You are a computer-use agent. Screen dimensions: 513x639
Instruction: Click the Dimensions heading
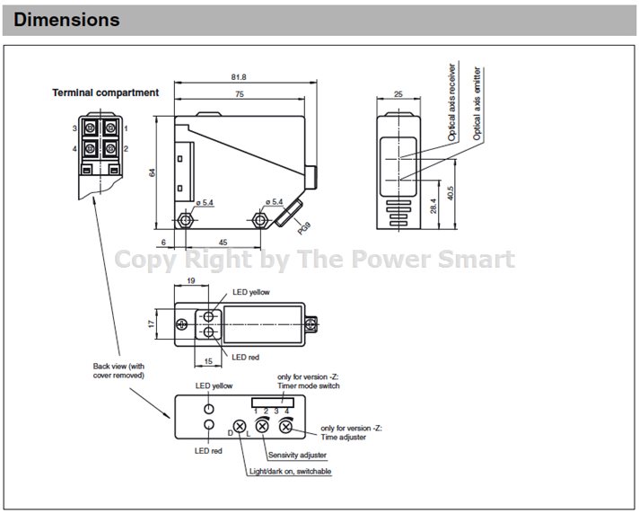(x=66, y=19)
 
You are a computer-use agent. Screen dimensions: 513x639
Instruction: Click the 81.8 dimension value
(x=237, y=77)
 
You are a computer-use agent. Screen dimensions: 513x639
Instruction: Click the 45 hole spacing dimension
(x=222, y=241)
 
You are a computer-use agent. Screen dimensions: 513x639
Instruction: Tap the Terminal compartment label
(x=105, y=93)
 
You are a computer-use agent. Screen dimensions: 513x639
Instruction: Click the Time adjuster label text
(x=352, y=433)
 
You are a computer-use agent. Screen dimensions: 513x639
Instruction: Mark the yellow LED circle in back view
(x=208, y=407)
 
